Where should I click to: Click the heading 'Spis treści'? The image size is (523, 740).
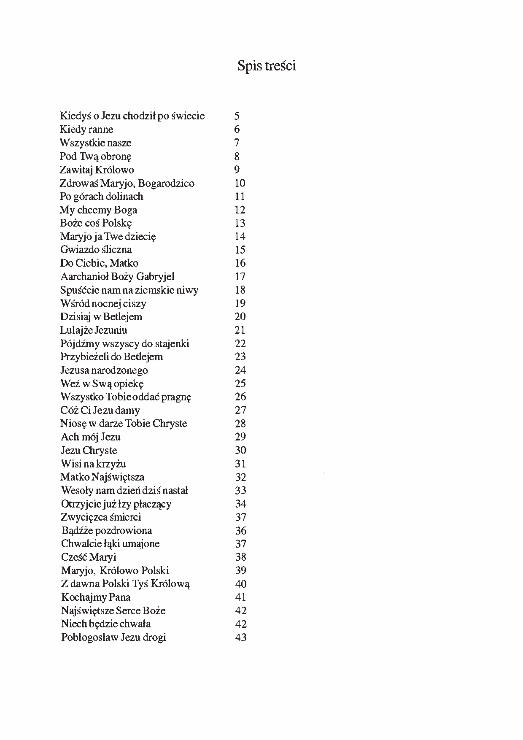267,66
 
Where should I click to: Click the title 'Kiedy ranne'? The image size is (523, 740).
86,130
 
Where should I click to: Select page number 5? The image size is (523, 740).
237,116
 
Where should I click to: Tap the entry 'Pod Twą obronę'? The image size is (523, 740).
96,157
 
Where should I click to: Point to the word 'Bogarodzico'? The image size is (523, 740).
166,184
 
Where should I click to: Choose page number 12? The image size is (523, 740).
240,210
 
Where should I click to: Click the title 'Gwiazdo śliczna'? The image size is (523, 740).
96,250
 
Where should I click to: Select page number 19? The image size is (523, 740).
240,303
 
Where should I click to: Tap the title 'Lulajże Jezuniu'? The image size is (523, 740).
94,330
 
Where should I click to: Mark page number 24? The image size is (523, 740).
240,370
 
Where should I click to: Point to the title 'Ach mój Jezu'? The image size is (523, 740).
91,437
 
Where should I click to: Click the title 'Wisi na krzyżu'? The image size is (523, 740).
93,464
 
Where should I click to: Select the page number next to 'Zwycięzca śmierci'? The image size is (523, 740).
240,517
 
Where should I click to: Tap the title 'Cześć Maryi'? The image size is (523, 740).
89,557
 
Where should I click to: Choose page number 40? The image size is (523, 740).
241,584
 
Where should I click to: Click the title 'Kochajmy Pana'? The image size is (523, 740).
96,597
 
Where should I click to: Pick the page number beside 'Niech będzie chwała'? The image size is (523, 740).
241,624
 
